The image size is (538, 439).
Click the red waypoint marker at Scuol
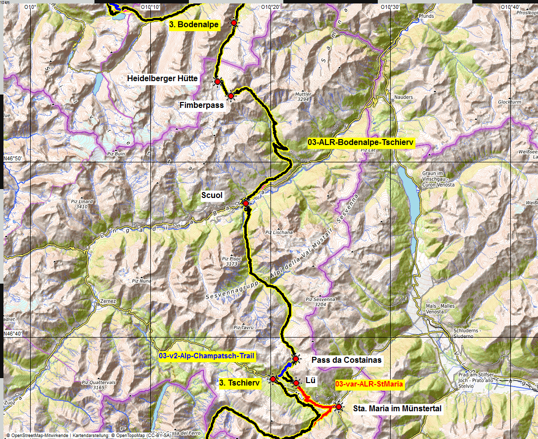(x=245, y=203)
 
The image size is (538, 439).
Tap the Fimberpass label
(x=202, y=105)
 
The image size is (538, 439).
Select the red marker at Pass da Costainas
(x=296, y=359)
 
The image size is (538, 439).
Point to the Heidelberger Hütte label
(x=162, y=78)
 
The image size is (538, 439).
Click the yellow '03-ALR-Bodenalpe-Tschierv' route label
(x=360, y=143)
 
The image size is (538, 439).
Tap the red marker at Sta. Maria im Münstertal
(x=339, y=407)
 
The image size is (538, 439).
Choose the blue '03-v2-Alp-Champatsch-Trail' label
(x=207, y=355)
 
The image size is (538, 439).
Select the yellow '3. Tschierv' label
(x=240, y=383)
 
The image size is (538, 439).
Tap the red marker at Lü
(x=296, y=383)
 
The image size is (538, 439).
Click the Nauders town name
(x=404, y=98)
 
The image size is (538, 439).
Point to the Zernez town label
(x=107, y=301)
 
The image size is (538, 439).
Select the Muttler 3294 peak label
(x=303, y=96)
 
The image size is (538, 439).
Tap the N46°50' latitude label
(x=14, y=158)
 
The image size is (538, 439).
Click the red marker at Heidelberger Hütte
(x=217, y=81)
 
